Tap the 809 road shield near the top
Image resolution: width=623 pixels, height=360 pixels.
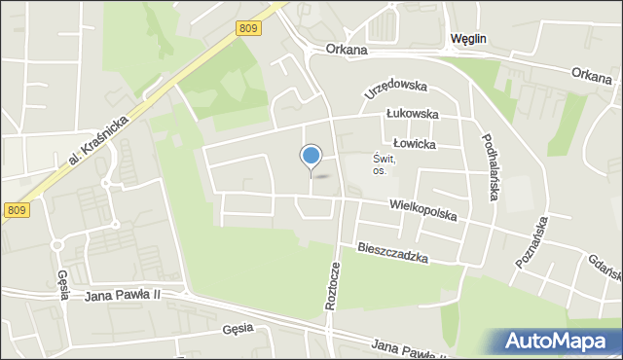[x=247, y=30]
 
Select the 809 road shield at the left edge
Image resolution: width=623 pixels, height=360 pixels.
[x=16, y=209]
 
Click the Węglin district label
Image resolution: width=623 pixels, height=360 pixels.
[x=469, y=38]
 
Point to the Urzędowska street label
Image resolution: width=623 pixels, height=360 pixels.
[x=396, y=88]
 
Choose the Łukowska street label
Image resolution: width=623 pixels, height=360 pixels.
[x=411, y=114]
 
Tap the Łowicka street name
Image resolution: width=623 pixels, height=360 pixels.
[x=416, y=143]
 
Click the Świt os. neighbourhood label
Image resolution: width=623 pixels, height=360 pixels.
[x=382, y=164]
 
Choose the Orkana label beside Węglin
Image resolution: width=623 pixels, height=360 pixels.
[x=348, y=50]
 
